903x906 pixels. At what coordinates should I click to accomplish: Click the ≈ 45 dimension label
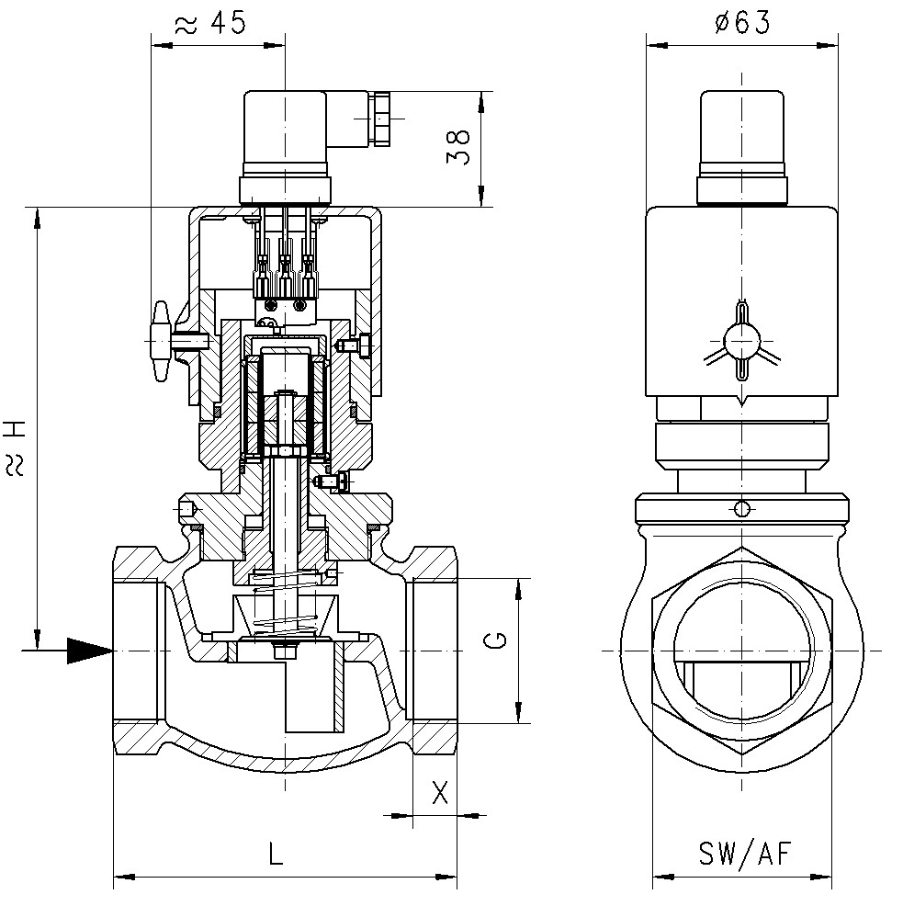[x=209, y=23]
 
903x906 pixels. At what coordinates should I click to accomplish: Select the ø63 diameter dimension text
[x=741, y=23]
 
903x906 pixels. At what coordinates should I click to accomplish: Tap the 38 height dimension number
[x=458, y=147]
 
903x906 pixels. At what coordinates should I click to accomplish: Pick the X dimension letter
[x=440, y=792]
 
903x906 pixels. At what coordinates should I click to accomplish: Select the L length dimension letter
[x=276, y=855]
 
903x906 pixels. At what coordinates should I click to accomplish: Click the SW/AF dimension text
[x=743, y=855]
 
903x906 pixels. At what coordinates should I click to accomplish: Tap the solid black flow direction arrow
[x=89, y=651]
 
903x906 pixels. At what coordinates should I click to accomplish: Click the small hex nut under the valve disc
[x=285, y=651]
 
